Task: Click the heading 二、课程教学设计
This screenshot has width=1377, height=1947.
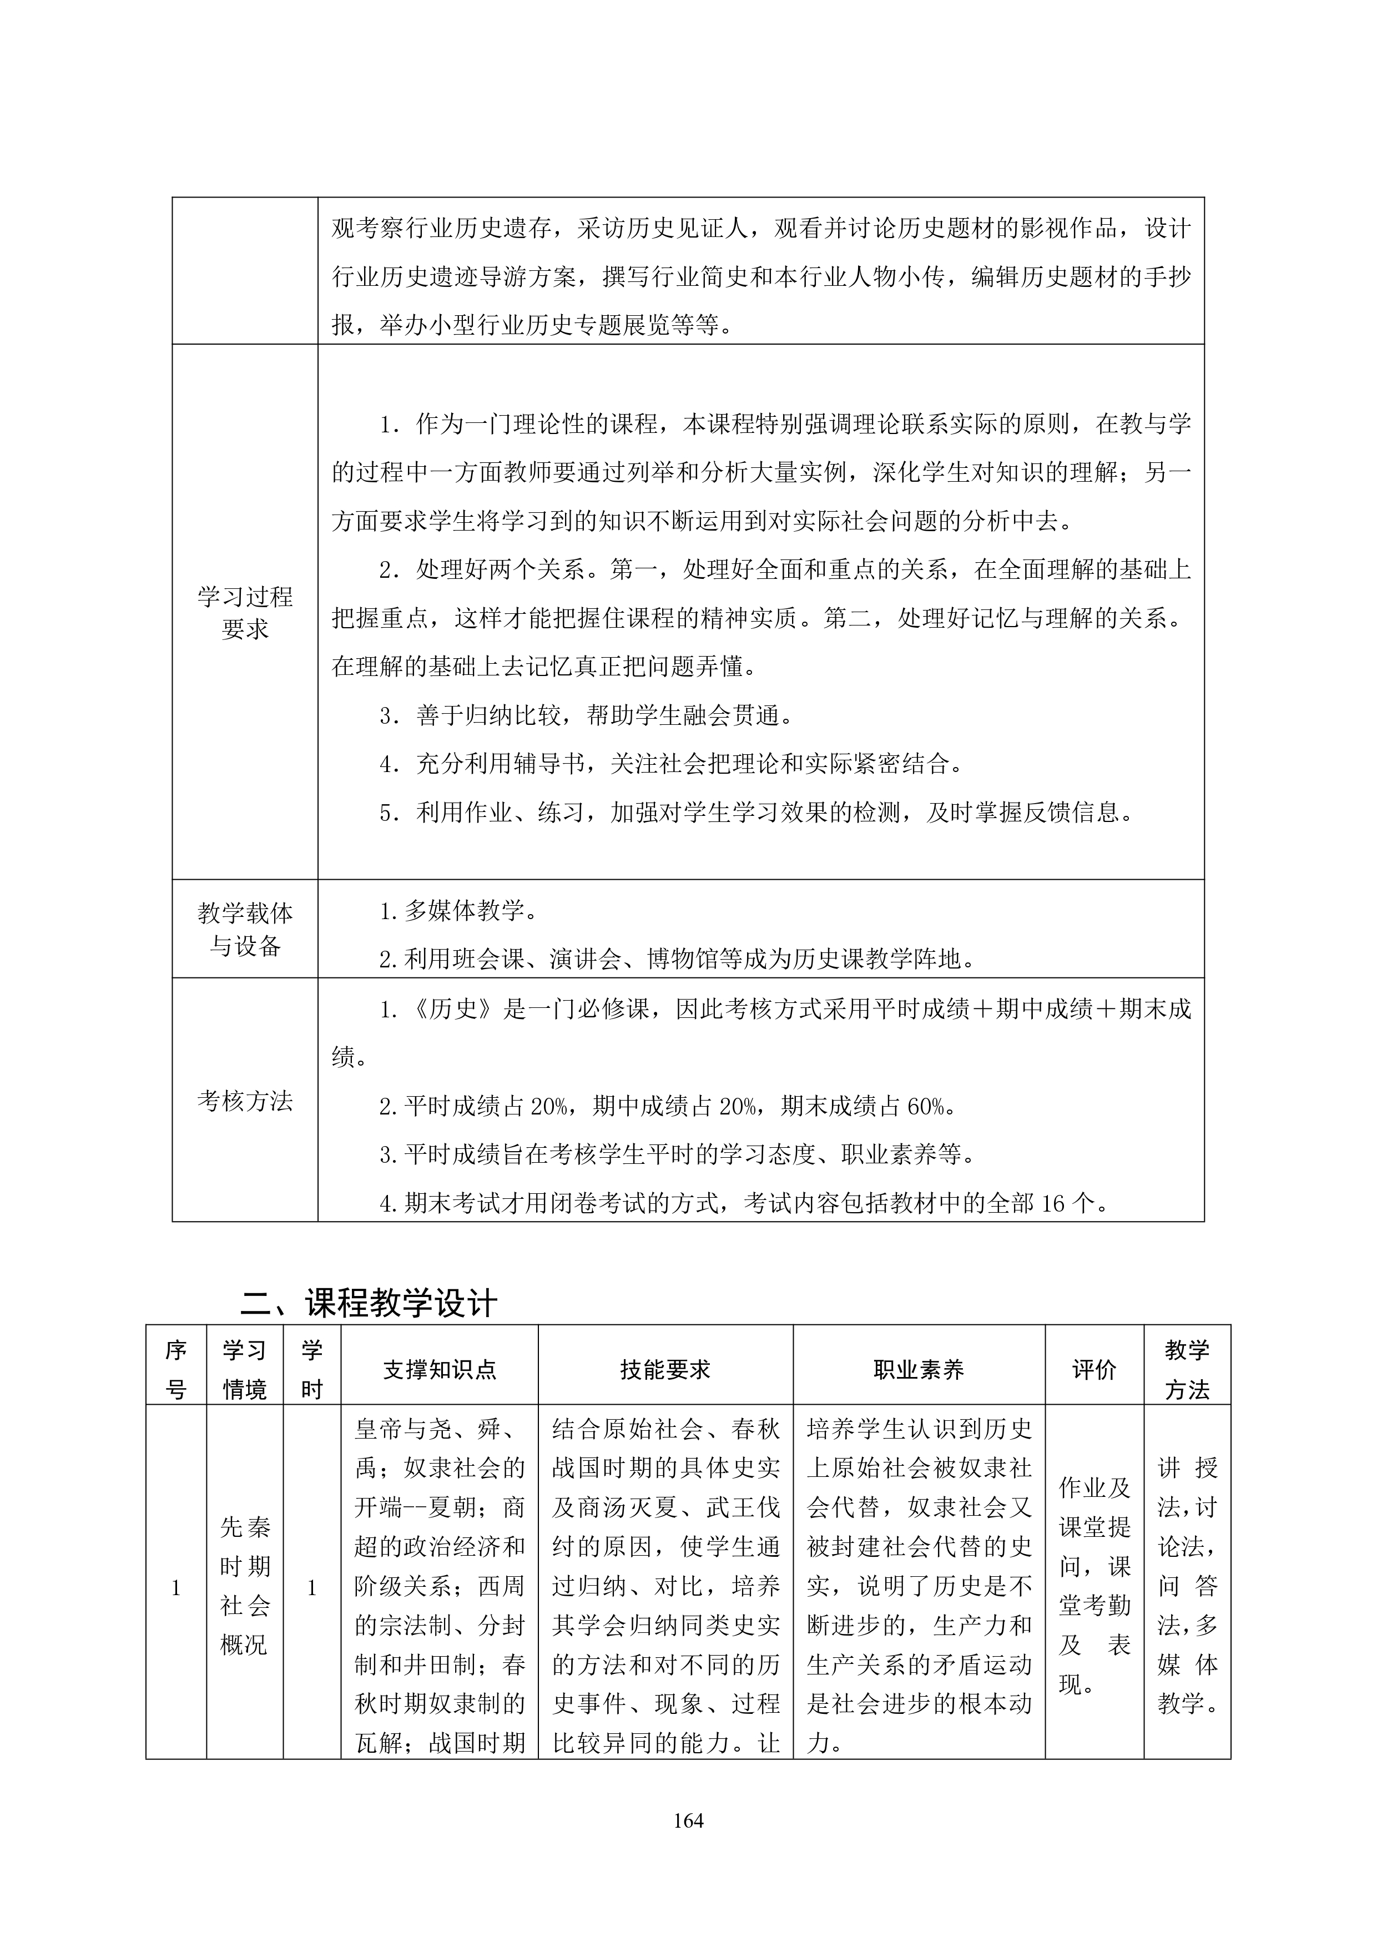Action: click(369, 1303)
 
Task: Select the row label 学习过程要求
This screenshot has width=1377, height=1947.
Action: click(245, 612)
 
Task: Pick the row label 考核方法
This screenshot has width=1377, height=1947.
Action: click(245, 1101)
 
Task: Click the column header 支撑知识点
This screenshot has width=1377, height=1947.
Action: click(439, 1370)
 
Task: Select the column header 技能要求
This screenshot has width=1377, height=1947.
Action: click(665, 1370)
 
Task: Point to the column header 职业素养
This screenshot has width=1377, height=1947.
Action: click(919, 1370)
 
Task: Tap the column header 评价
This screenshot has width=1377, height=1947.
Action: click(1094, 1370)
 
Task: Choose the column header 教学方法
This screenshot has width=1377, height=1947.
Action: click(1186, 1370)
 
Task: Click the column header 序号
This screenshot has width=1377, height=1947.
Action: click(175, 1370)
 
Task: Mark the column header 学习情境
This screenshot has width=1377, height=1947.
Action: click(244, 1370)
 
